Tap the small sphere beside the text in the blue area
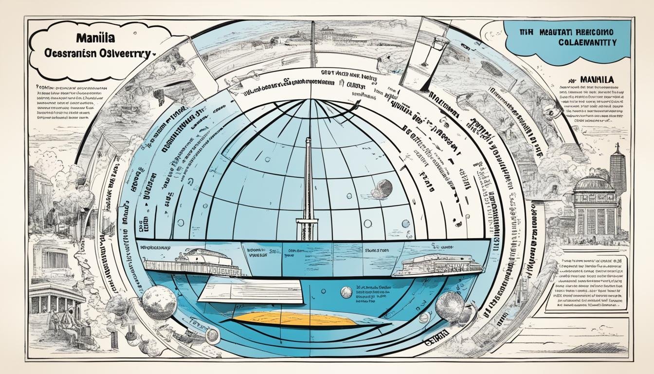(x=346, y=292)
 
